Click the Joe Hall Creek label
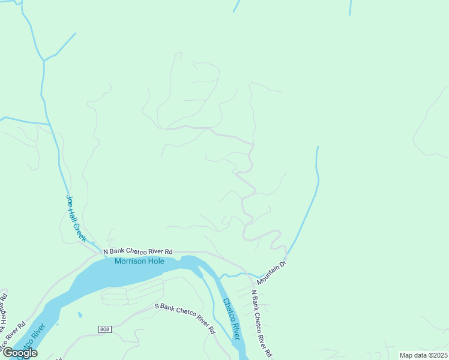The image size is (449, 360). pos(76,218)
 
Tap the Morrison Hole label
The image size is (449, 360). pos(139,261)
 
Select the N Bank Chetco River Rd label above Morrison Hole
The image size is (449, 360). pos(138,251)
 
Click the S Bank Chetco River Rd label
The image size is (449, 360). pos(185,317)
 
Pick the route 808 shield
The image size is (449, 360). pos(106,329)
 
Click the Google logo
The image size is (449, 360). pos(20,353)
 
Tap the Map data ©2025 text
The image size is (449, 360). pos(424,355)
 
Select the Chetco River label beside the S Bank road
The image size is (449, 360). pos(231,319)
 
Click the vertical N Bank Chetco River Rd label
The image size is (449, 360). pos(262,323)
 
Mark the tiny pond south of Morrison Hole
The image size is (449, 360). pos(79,314)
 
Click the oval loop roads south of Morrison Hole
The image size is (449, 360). pos(115,295)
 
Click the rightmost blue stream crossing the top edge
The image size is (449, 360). pos(350,7)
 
